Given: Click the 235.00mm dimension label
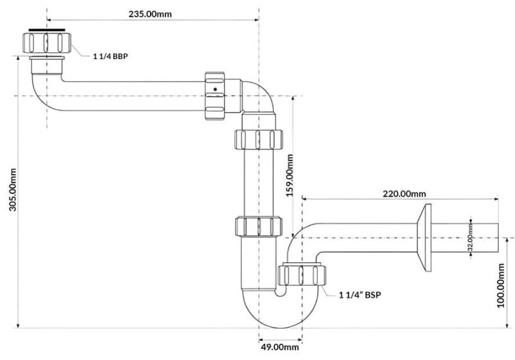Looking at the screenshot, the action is (x=150, y=14).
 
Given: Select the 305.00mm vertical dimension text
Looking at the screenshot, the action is (x=13, y=189).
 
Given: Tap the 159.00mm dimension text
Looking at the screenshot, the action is (x=289, y=175).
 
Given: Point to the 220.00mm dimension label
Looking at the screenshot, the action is (x=404, y=194).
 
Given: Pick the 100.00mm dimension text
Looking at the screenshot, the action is (x=501, y=285).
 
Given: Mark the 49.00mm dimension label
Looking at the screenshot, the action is (x=280, y=347).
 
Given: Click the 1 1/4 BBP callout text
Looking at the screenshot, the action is (x=110, y=57).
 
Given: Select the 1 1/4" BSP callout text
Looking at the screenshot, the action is (x=360, y=295).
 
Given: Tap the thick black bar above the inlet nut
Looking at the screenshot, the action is (x=46, y=30).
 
